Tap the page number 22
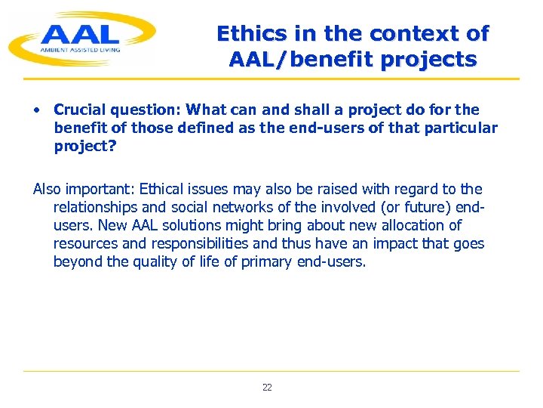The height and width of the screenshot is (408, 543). pos(267,388)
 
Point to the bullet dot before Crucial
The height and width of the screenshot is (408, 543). pos(37,110)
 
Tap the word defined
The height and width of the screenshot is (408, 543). pos(213,128)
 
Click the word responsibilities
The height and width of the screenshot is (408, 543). pos(204,243)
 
